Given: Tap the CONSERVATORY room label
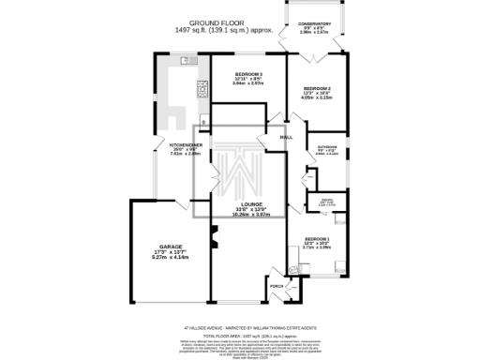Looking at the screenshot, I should pos(314,23).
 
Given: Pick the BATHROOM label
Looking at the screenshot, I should pos(326,146).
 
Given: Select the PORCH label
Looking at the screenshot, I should pos(277,284).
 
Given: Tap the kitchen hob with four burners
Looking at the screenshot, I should pos(202,89).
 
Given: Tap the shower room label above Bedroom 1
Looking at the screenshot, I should pos(327,200).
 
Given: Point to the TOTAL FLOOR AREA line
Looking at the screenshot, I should pos(239,336).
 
